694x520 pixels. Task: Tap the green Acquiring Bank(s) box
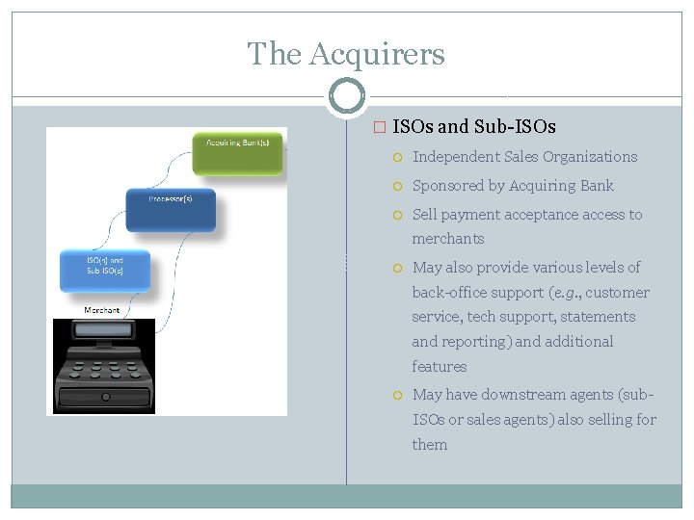coord(237,153)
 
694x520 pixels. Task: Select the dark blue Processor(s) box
coord(171,209)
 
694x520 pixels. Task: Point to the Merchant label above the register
coord(102,310)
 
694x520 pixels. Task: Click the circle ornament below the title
coord(347,96)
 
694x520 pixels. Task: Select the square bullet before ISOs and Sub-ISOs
coord(379,127)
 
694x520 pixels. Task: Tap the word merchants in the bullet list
coord(448,239)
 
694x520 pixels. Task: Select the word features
coord(440,367)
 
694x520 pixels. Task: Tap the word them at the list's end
coord(430,445)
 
